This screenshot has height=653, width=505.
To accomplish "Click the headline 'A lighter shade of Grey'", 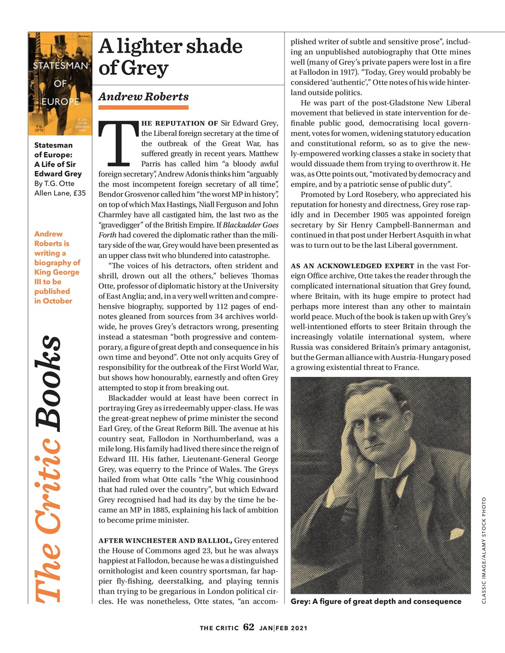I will [170, 57].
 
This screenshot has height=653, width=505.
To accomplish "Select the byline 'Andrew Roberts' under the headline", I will [143, 96].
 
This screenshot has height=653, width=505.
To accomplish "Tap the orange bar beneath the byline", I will [143, 108].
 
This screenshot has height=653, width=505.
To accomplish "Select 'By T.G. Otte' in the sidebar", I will [54, 184].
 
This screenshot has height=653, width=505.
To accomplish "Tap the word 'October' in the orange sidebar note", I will [57, 301].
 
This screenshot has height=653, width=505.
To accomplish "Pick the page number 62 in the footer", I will [249, 627].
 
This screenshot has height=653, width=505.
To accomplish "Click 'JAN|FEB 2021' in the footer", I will [283, 628].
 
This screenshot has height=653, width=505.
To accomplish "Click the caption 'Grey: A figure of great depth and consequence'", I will [376, 601].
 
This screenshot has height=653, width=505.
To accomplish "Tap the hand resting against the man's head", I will [347, 438].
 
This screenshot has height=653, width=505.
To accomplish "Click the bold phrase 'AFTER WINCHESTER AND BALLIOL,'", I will [166, 541].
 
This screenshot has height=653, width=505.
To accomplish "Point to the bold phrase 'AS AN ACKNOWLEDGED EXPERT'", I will [352, 266].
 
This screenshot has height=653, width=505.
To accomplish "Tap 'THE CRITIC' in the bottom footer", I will [219, 628].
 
